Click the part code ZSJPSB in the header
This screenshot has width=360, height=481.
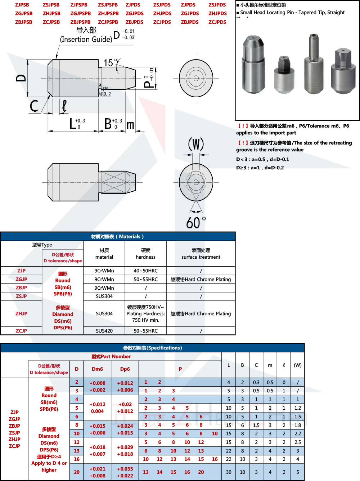(x=51, y=5)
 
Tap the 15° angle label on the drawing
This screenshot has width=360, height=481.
(x=111, y=63)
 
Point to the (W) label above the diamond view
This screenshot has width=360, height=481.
(x=196, y=144)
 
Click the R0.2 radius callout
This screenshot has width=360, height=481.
(x=105, y=94)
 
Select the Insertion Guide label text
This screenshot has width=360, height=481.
(x=86, y=39)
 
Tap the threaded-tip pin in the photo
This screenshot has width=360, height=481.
(x=314, y=65)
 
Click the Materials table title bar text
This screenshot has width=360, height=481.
(x=117, y=237)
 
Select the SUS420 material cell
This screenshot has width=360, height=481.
(x=104, y=331)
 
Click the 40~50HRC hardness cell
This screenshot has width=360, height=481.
(x=145, y=271)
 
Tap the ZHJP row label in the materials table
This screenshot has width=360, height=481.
(x=21, y=313)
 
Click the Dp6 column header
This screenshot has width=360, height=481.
(x=125, y=369)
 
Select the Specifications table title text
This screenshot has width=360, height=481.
(x=152, y=348)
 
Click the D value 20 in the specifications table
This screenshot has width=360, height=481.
(x=77, y=472)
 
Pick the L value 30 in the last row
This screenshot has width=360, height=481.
(x=229, y=472)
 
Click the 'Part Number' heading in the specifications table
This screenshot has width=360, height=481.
(x=111, y=357)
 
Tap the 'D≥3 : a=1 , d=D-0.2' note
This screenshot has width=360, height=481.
(x=260, y=168)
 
